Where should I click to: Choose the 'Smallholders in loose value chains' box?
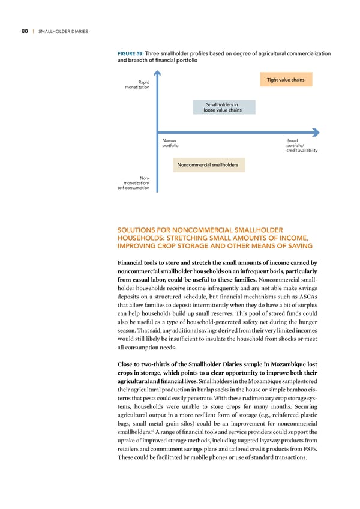click(x=225, y=107)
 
